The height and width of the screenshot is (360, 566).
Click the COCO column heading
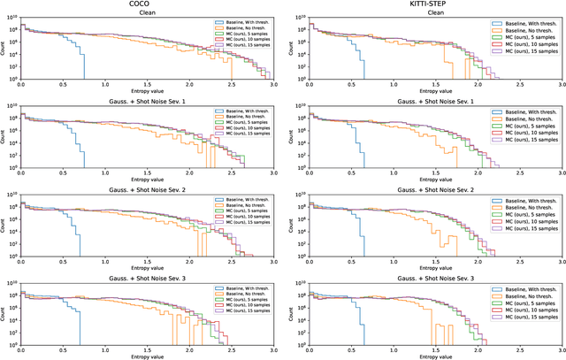pos(147,4)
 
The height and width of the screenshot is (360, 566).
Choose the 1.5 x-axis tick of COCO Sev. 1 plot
pos(147,170)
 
